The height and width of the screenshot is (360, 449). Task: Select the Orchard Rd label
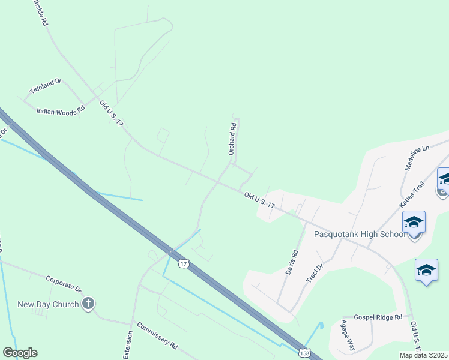232,139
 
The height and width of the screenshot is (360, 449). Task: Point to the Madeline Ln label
418,157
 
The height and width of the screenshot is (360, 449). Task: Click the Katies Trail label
412,195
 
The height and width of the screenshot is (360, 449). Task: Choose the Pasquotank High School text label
360,234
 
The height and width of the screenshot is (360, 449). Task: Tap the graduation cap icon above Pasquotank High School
414,223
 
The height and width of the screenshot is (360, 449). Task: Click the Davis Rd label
291,262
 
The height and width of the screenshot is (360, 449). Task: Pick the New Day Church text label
48,304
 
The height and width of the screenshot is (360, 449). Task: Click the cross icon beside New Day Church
88,304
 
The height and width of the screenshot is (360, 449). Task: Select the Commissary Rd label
157,336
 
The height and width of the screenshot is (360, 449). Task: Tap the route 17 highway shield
184,263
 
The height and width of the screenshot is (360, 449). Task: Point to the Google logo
20,353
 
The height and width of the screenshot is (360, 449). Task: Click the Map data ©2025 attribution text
424,355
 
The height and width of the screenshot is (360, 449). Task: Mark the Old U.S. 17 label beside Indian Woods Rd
112,113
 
